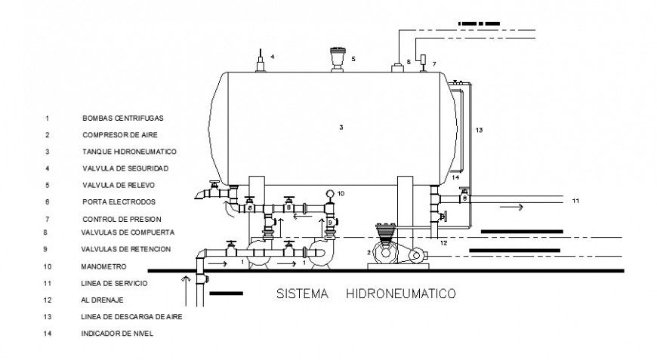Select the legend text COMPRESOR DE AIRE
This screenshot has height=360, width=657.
[x=119, y=135]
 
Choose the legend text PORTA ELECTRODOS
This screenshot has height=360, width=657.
[x=119, y=202]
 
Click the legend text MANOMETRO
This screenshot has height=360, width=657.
[x=104, y=266]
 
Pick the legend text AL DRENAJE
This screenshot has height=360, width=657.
[x=102, y=300]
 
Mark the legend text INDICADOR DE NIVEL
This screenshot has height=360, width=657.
[x=117, y=333]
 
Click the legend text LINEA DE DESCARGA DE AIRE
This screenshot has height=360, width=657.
[x=131, y=316]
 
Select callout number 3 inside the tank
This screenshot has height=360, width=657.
[x=341, y=128]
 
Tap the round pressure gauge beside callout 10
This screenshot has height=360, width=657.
[x=329, y=194]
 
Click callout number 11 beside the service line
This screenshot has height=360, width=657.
[x=575, y=201]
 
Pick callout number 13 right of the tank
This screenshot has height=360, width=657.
[x=478, y=130]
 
